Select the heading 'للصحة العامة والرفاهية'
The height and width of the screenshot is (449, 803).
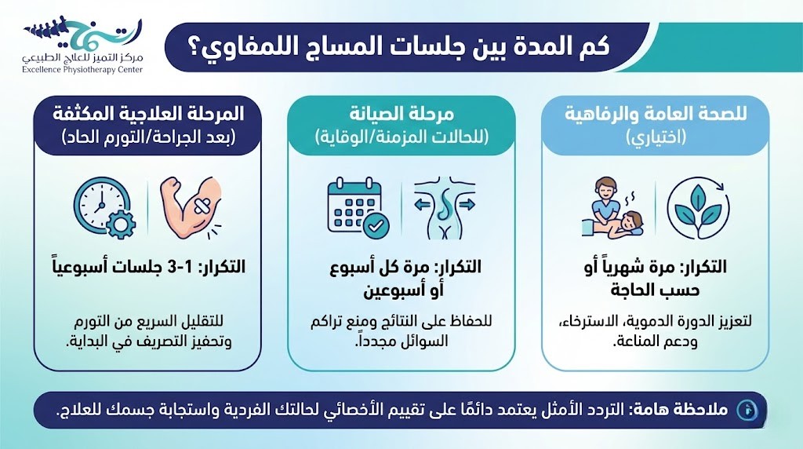pyautogui.click(x=656, y=115)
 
